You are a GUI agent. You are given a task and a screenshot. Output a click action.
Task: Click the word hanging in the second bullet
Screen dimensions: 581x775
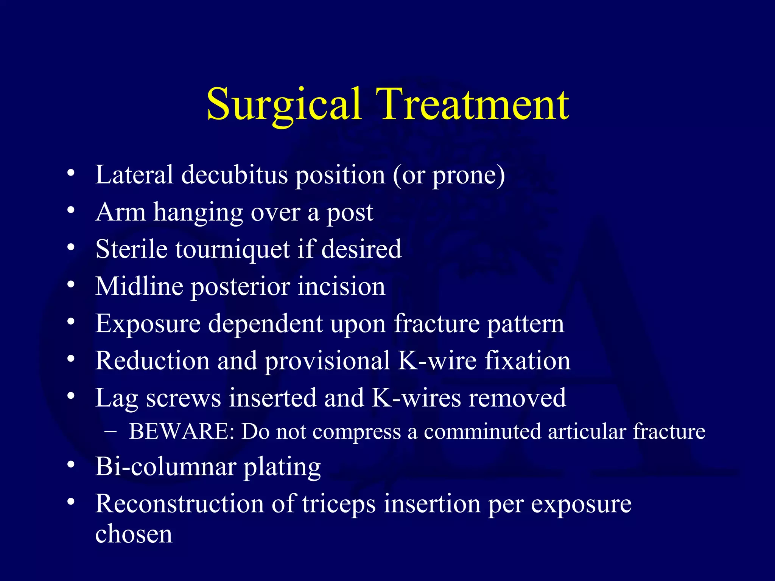coord(198,213)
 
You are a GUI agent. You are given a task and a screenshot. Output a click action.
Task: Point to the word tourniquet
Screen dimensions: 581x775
coord(232,250)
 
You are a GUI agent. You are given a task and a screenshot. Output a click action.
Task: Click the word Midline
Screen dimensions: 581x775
coord(139,286)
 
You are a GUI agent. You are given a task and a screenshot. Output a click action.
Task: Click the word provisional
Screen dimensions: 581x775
coord(327,361)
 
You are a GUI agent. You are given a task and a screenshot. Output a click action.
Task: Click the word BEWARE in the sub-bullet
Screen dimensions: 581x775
coord(182,432)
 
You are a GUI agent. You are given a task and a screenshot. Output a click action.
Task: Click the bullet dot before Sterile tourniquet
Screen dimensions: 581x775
coord(71,247)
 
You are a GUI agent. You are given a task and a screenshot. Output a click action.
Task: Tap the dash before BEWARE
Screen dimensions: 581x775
coord(110,432)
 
